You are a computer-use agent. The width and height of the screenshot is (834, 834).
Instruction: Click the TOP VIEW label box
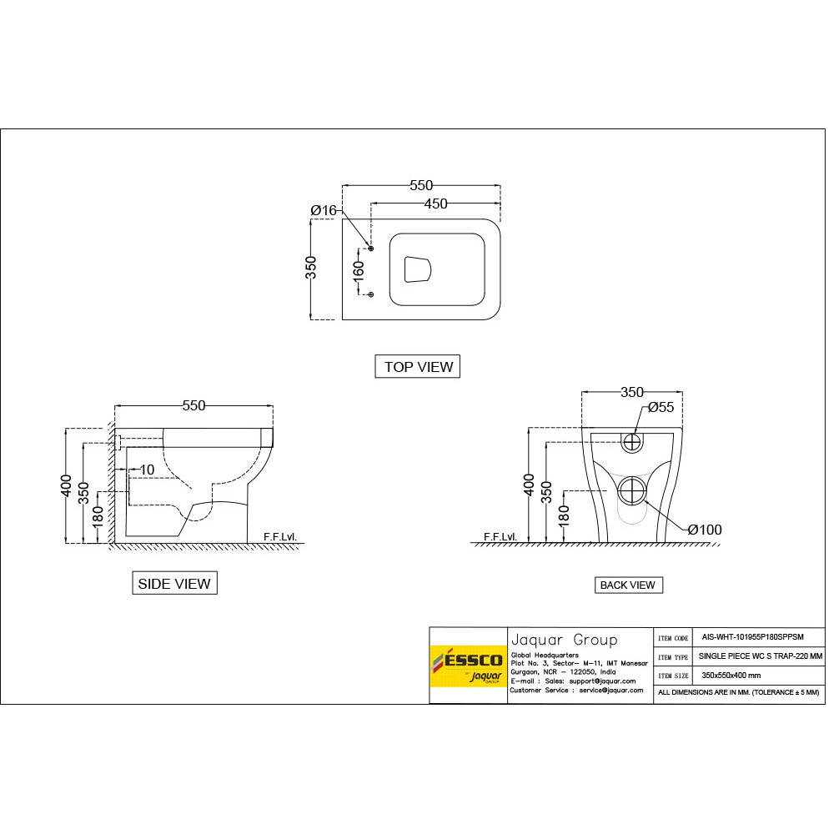(x=418, y=366)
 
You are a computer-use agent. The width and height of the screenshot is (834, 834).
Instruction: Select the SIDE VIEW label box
(x=174, y=584)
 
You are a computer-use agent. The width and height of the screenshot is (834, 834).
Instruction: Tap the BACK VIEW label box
(x=628, y=585)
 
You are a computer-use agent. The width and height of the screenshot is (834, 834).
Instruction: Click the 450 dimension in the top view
(x=435, y=203)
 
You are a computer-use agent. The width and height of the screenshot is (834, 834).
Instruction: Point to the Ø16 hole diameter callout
(x=323, y=211)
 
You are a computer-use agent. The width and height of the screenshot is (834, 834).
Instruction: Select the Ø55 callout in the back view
(x=661, y=407)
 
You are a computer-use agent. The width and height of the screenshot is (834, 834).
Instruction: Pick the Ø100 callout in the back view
(x=705, y=530)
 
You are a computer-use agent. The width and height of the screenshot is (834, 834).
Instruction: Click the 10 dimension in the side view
(x=147, y=470)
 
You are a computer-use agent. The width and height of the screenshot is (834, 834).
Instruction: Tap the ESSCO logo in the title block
(x=468, y=665)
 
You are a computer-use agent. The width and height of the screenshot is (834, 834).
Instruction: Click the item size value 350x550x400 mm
(x=731, y=675)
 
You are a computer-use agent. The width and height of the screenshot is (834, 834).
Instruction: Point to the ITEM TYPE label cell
(x=672, y=656)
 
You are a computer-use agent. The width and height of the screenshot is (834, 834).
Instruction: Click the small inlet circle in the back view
(x=633, y=440)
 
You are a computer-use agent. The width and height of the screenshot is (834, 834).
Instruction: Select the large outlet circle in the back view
(x=633, y=491)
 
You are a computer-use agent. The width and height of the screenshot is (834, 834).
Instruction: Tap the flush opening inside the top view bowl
(x=418, y=269)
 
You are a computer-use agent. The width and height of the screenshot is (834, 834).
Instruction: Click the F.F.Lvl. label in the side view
(x=279, y=537)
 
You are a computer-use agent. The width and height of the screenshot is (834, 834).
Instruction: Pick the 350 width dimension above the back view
(x=632, y=391)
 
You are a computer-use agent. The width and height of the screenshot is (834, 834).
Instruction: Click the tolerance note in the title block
(x=739, y=692)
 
